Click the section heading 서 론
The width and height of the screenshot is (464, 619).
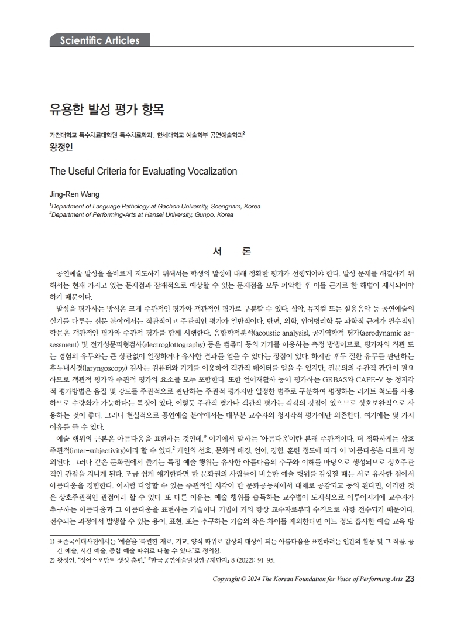coord(232,252)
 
